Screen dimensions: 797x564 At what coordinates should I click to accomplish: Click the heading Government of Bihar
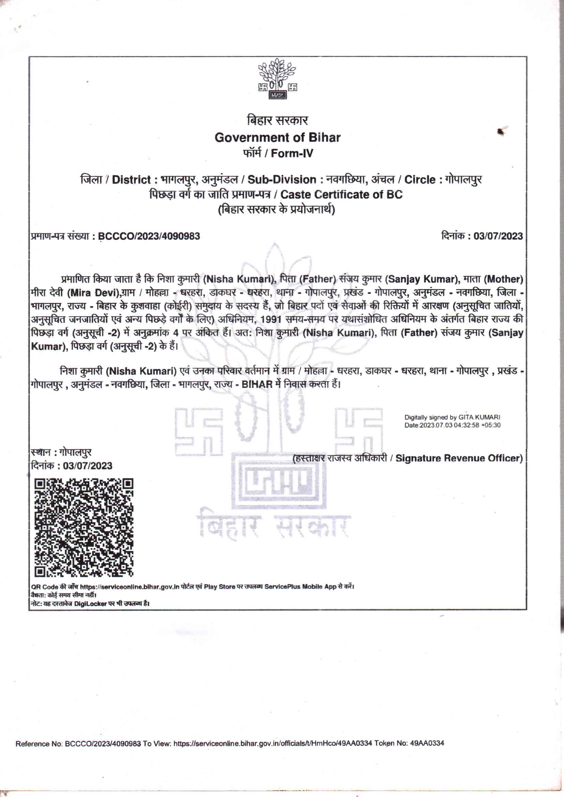278,137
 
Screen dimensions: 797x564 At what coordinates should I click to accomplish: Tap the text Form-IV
292,153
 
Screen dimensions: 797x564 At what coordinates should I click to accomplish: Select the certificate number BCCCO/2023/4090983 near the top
149,236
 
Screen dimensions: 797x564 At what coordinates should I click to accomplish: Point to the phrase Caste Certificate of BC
341,194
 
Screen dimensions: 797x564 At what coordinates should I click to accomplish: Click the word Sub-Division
282,179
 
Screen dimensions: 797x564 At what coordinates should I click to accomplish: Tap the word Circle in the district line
420,179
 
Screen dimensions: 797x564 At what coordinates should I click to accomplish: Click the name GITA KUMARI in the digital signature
479,417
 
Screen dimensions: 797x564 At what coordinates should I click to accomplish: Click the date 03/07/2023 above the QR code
88,466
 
